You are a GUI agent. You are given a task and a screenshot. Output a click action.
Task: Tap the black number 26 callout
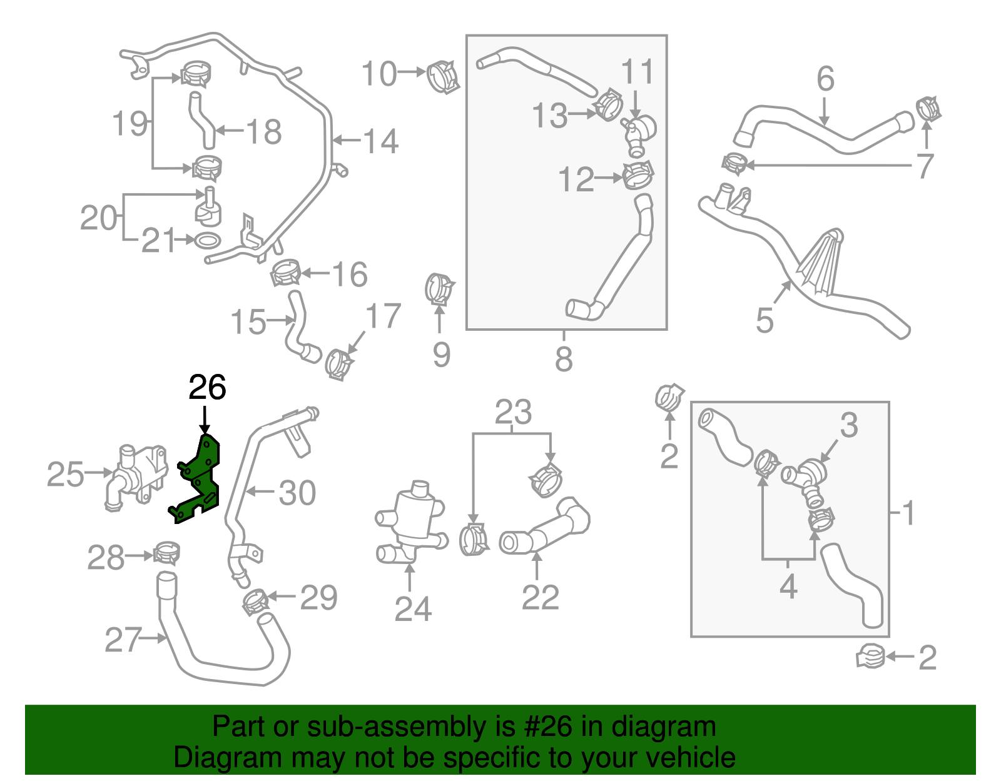[x=207, y=388]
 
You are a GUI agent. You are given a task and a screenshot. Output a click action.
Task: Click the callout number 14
[x=380, y=141]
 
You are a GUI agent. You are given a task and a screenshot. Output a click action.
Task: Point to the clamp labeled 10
[x=443, y=77]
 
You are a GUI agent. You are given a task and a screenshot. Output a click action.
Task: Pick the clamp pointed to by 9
[x=439, y=289]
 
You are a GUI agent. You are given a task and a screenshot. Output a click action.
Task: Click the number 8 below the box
[x=564, y=359]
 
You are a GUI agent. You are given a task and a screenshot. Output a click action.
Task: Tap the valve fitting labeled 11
[x=639, y=132]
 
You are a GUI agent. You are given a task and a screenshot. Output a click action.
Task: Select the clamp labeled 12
[x=638, y=175]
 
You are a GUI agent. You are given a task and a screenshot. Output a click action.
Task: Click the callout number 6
[x=825, y=79]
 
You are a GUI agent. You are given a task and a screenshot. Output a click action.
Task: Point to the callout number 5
[x=765, y=320]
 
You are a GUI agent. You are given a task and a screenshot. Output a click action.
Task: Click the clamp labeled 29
[x=255, y=601]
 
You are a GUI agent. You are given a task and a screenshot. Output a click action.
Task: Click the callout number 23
[x=513, y=413]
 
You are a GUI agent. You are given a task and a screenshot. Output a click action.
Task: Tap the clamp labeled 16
[x=285, y=273]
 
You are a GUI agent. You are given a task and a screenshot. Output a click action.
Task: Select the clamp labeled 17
[x=338, y=363]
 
